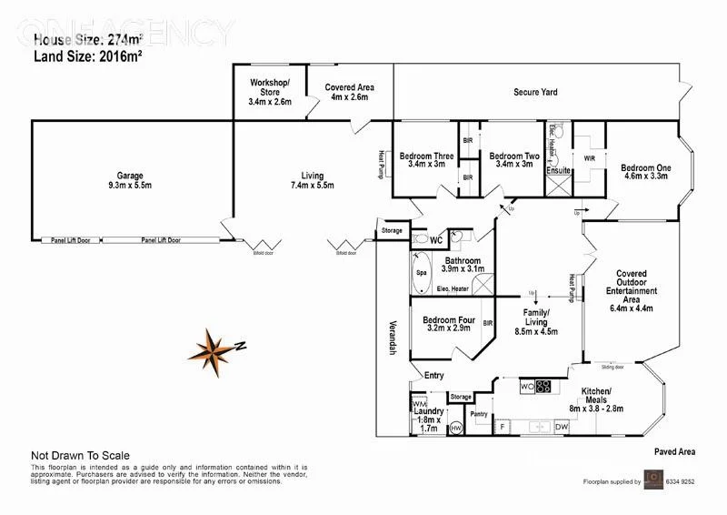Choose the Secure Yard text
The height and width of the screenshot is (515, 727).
pyautogui.click(x=535, y=92)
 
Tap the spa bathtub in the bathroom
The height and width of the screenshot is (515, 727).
pyautogui.click(x=421, y=272)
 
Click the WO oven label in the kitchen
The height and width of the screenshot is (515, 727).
pyautogui.click(x=526, y=386)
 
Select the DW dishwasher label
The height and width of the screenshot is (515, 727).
pyautogui.click(x=562, y=424)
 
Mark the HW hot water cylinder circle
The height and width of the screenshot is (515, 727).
pyautogui.click(x=456, y=427)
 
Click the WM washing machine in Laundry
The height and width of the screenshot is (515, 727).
pyautogui.click(x=419, y=403)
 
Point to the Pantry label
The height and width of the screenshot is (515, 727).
pyautogui.click(x=479, y=414)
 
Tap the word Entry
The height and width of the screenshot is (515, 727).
pyautogui.click(x=433, y=375)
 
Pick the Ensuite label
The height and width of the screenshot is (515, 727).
pyautogui.click(x=558, y=170)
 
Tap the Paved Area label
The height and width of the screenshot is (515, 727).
pyautogui.click(x=674, y=450)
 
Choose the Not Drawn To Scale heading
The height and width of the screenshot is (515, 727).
pyautogui.click(x=80, y=456)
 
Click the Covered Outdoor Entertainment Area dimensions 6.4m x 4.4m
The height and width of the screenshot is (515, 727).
pyautogui.click(x=632, y=308)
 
